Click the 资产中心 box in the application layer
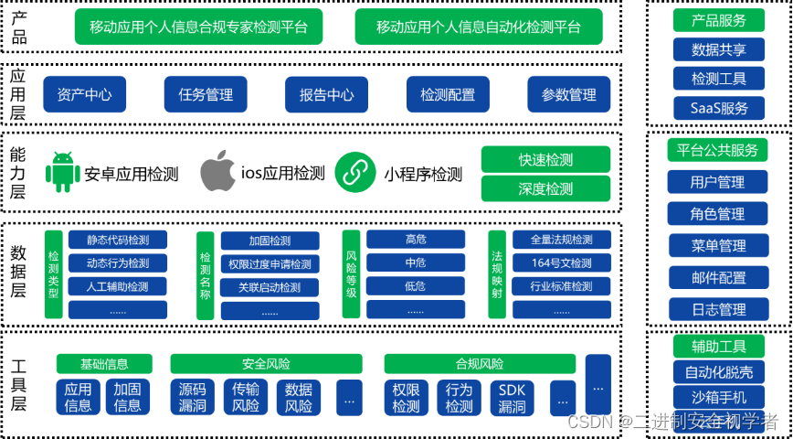pyautogui.click(x=84, y=94)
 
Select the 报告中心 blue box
pyautogui.click(x=326, y=94)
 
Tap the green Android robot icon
pyautogui.click(x=63, y=172)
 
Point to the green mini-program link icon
pyautogui.click(x=355, y=172)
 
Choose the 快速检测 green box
pyautogui.click(x=545, y=159)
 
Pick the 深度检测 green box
pyautogui.click(x=545, y=188)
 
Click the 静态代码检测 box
pyautogui.click(x=117, y=241)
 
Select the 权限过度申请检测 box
pyautogui.click(x=270, y=264)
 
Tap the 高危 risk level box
pyautogui.click(x=415, y=241)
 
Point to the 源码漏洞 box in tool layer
pyautogui.click(x=193, y=397)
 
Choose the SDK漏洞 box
pyautogui.click(x=513, y=397)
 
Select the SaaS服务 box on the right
pyautogui.click(x=719, y=108)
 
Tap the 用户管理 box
pyautogui.click(x=717, y=182)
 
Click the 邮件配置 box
pyautogui.click(x=717, y=277)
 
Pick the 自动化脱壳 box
pyautogui.click(x=719, y=372)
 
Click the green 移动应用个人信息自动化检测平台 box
pyautogui.click(x=478, y=27)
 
